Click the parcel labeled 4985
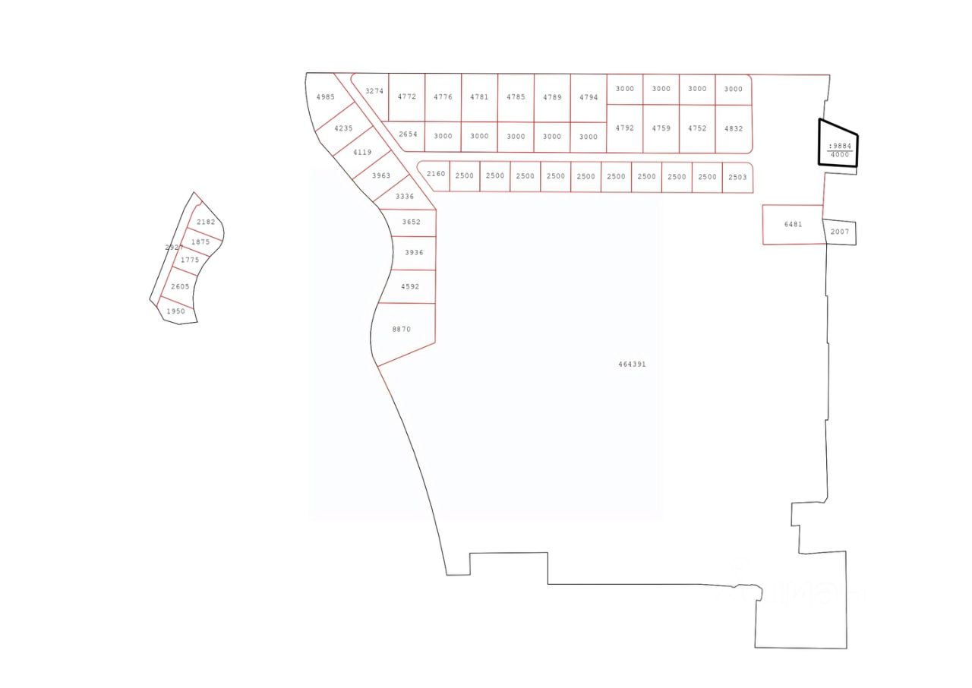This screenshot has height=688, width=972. click(x=325, y=97)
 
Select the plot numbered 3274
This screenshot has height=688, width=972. click(x=374, y=92)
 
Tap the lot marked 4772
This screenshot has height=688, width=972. click(x=407, y=97)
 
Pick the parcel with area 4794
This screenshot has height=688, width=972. click(x=589, y=98)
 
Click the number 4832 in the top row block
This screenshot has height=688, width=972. click(x=734, y=129)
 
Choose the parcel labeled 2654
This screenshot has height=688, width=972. click(x=409, y=134)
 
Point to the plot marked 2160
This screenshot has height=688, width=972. click(x=436, y=175)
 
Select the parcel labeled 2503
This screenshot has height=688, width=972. click(x=737, y=177)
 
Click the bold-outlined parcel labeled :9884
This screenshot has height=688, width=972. click(x=839, y=146)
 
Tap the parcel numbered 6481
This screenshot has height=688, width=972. click(x=793, y=225)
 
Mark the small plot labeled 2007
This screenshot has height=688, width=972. click(x=840, y=232)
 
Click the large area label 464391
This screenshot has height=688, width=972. click(x=632, y=365)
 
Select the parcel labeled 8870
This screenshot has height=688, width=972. click(x=402, y=330)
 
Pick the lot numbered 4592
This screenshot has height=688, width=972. click(x=410, y=287)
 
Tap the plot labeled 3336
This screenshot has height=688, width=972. click(x=405, y=197)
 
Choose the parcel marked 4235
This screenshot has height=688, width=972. click(x=343, y=128)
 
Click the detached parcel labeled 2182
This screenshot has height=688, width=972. click(x=206, y=222)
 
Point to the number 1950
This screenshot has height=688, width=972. click(x=175, y=311)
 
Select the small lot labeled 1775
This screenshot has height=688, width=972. click(x=190, y=260)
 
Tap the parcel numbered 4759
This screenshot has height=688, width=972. click(x=661, y=128)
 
